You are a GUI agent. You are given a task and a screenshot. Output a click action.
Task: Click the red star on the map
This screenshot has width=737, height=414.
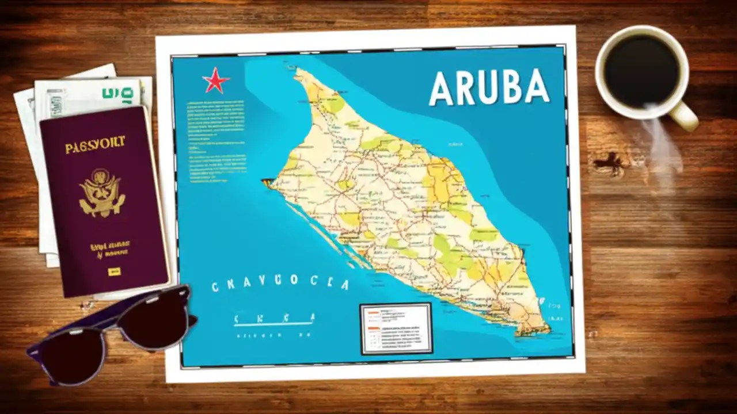(215, 80)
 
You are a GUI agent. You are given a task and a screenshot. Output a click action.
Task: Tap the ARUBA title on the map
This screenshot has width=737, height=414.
(489, 87)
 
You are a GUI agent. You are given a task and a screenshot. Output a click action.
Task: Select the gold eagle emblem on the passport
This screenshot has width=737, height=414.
(101, 193)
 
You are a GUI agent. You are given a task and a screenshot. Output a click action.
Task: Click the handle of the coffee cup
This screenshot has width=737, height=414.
(685, 116)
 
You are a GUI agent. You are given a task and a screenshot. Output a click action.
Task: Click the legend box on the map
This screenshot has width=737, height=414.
(396, 328)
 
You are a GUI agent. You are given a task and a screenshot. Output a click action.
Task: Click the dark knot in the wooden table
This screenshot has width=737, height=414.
(610, 164)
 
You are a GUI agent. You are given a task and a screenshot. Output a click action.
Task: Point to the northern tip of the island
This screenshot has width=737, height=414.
(298, 72)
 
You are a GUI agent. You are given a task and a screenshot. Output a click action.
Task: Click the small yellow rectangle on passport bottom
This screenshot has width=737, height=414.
(115, 270)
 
